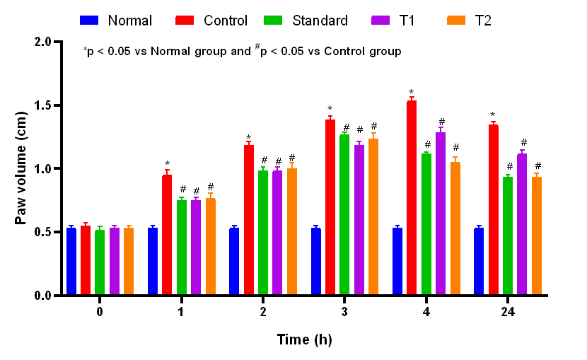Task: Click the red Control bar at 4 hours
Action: [x=412, y=198]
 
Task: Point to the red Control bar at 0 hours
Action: [x=86, y=260]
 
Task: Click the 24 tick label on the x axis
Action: [x=507, y=312]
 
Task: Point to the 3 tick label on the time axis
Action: [x=344, y=312]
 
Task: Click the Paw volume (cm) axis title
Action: [x=21, y=168]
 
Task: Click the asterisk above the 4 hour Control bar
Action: [x=411, y=93]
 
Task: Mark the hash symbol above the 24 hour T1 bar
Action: [x=523, y=142]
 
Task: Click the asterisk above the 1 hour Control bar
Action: [x=167, y=164]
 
